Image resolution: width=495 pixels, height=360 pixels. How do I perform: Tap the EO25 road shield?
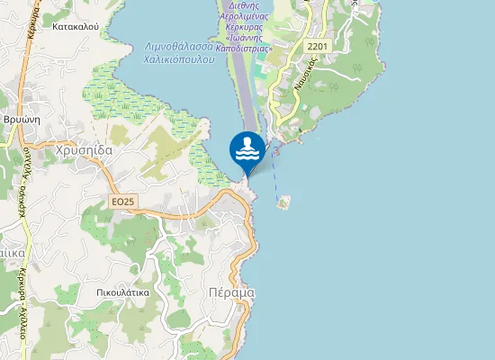coord(123,202)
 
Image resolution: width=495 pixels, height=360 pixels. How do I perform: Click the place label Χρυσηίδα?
coord(84,151)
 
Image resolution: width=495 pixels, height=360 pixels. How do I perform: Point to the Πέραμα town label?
coord(231,292)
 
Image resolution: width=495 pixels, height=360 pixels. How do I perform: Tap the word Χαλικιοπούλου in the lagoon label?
coord(180,58)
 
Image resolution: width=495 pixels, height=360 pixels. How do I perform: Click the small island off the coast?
coord(285,202)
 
